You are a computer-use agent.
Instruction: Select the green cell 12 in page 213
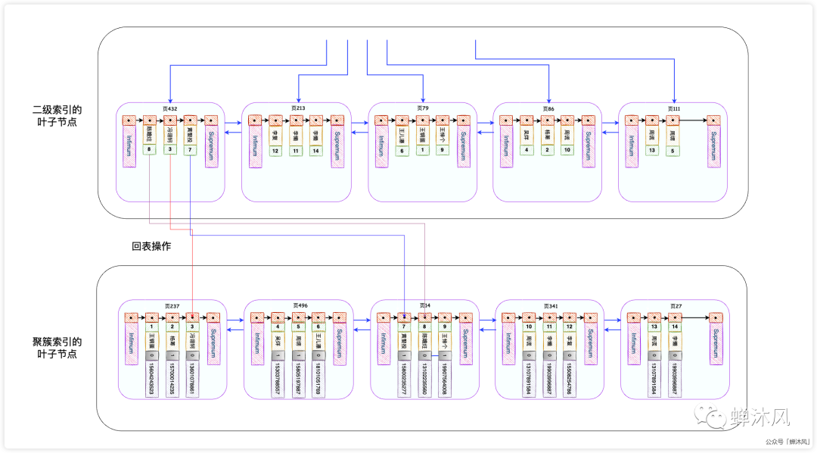[275, 151]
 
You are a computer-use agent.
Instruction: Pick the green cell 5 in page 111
[672, 151]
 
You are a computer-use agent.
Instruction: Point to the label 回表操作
[151, 246]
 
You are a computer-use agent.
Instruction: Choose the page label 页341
[550, 306]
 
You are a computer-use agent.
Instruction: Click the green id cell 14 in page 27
[673, 326]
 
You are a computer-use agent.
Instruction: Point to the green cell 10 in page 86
[567, 150]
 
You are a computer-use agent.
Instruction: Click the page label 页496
[299, 306]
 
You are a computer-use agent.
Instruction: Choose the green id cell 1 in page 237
[152, 326]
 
